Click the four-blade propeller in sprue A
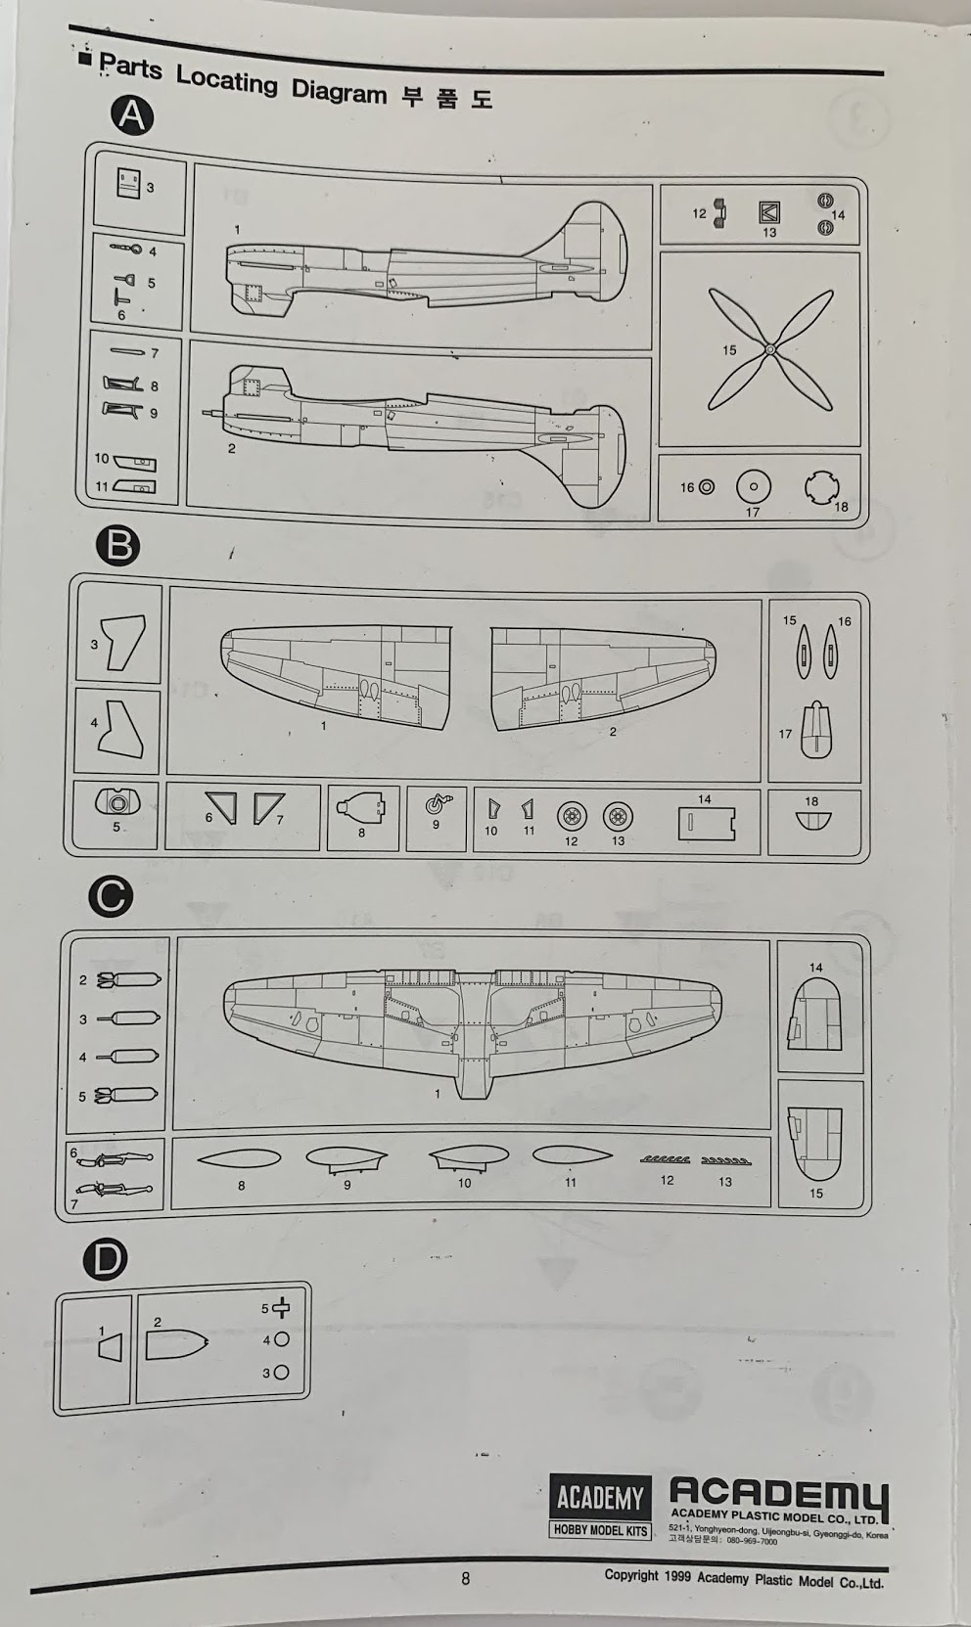coord(770,348)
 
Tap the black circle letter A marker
coord(132,116)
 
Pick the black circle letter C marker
coord(110,896)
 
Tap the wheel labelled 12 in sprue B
coord(573,817)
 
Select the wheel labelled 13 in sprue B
coord(618,817)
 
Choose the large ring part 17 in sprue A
coord(754,486)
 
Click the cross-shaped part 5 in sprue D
coord(281,1308)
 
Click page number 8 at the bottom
coord(466,1578)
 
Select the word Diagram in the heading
coord(339,91)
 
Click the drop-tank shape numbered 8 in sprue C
coord(239,1158)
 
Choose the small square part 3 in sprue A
coord(128,183)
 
